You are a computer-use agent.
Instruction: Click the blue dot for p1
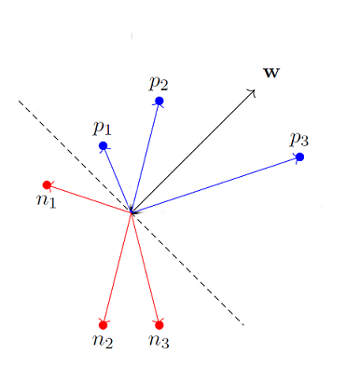103,146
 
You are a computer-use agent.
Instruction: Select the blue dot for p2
159,101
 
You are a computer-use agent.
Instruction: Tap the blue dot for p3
299,156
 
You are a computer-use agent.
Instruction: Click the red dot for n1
47,184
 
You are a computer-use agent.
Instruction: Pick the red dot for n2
103,324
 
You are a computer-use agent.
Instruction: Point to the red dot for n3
159,324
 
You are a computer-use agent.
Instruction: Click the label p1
102,127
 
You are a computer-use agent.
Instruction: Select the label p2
159,81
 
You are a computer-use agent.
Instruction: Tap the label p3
298,138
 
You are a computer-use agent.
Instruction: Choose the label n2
103,341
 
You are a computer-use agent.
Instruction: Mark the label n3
159,341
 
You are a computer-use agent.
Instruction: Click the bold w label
271,72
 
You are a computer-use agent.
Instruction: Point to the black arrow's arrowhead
254,91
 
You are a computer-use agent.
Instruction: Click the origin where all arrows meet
132,213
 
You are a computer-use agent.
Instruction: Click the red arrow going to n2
117,270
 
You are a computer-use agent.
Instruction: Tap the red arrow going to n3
145,270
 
